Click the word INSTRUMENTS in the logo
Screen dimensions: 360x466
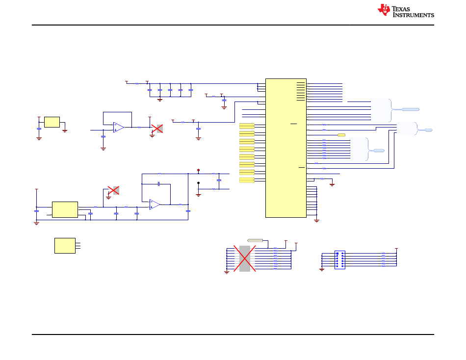tap(414, 15)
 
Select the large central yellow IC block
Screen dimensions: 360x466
tap(285, 148)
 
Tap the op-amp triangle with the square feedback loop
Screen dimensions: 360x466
tap(119, 128)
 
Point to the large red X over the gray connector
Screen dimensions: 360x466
tap(244, 258)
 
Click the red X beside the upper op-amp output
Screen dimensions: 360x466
tap(157, 129)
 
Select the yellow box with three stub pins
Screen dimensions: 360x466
tap(65, 245)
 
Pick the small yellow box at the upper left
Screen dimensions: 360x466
tap(52, 122)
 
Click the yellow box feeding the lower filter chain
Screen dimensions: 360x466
tap(65, 209)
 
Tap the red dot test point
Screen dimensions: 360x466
tap(198, 170)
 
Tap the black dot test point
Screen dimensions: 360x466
tap(198, 183)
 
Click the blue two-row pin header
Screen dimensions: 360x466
tap(339, 259)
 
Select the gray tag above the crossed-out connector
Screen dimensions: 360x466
tap(255, 240)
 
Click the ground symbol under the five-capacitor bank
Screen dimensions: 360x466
tap(160, 100)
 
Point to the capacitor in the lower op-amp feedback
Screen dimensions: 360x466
tap(159, 184)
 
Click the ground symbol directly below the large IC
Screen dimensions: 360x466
tap(316, 221)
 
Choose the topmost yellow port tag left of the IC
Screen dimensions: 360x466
tap(247, 126)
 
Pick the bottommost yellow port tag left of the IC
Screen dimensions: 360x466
tap(247, 180)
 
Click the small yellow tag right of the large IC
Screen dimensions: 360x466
tap(341, 134)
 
